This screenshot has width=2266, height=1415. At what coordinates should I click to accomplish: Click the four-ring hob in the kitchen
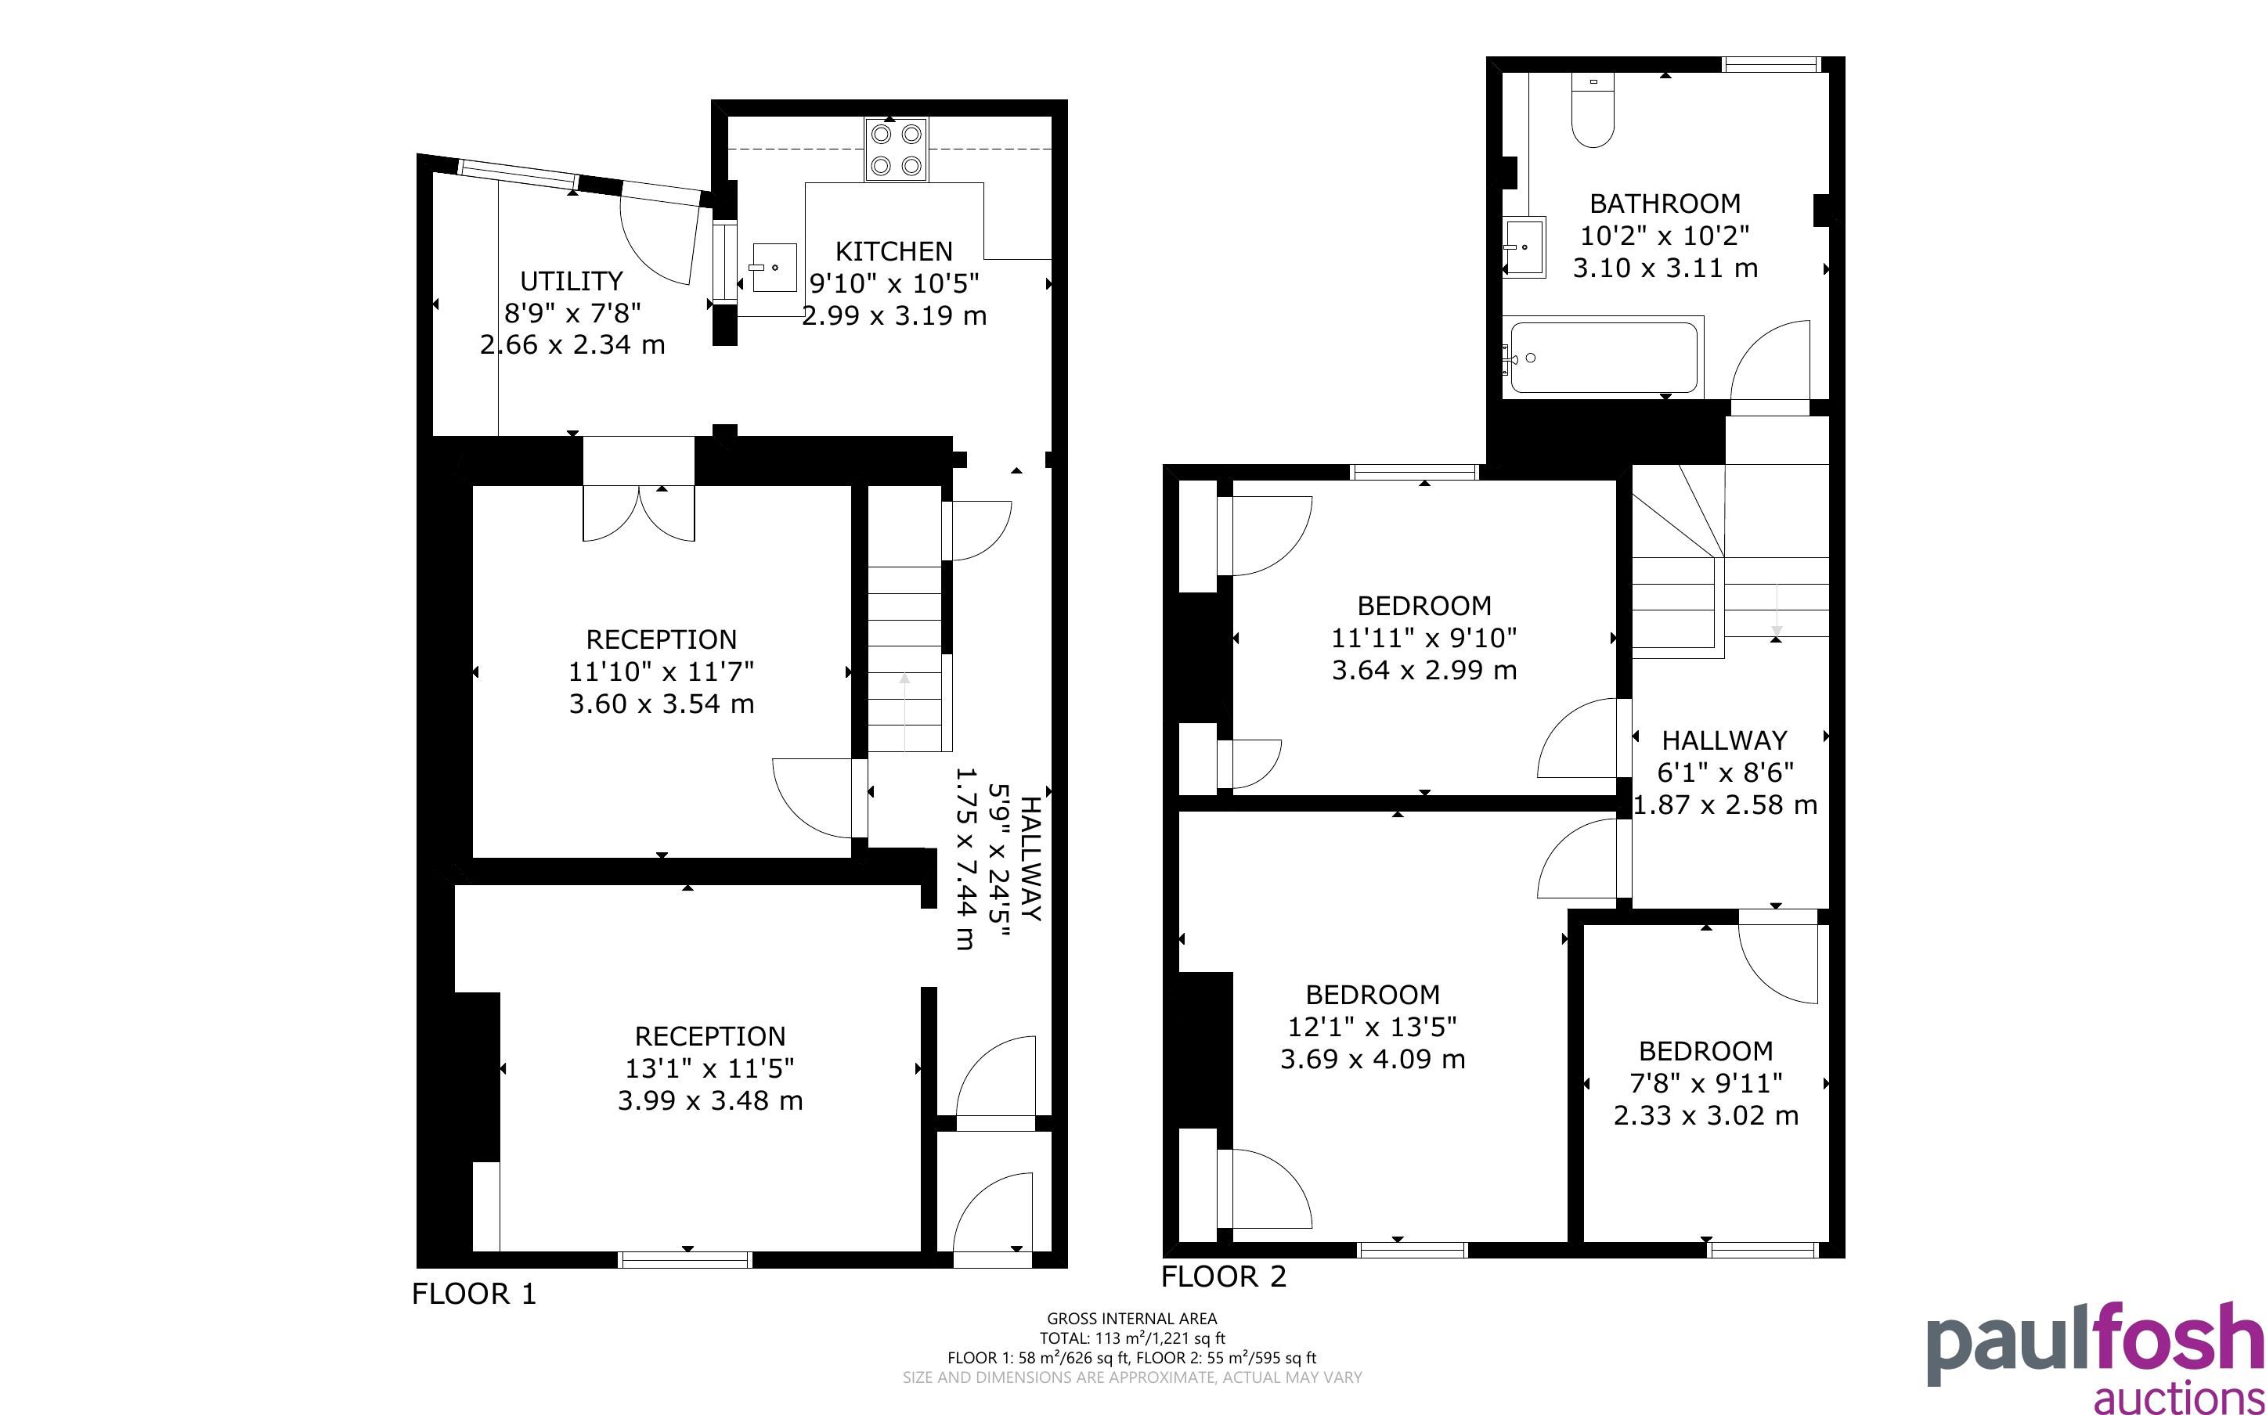(x=896, y=149)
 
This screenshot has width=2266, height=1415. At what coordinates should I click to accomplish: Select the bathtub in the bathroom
(x=1604, y=358)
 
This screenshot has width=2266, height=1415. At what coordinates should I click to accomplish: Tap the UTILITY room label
(x=571, y=281)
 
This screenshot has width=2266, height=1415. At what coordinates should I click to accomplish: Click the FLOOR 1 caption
(x=474, y=1294)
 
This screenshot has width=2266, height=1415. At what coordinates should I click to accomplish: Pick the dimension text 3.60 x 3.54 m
(x=662, y=704)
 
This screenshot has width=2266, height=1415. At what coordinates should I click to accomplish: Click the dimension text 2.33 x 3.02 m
(x=1706, y=1115)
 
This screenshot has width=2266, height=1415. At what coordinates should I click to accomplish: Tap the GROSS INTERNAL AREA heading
(x=1131, y=1320)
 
